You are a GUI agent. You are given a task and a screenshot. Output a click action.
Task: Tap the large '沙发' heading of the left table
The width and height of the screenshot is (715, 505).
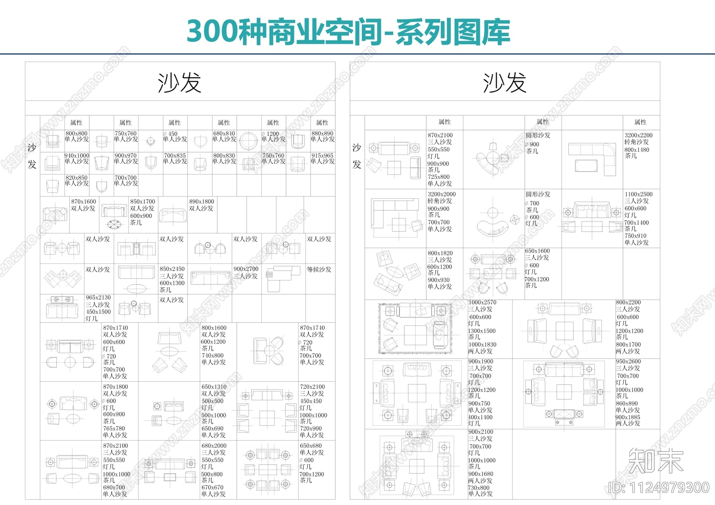[x=180, y=83]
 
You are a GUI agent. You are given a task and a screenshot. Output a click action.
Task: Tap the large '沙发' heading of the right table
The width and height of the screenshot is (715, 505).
[x=505, y=83]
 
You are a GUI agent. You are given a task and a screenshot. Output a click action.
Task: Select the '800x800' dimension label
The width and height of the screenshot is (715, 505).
[x=76, y=134]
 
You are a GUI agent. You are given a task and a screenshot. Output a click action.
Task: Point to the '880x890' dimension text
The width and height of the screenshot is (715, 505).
[x=322, y=134]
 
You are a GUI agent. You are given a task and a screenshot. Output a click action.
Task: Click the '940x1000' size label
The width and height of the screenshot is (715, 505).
[x=76, y=156]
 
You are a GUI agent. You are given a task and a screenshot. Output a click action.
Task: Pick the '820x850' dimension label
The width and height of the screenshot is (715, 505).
[x=76, y=178]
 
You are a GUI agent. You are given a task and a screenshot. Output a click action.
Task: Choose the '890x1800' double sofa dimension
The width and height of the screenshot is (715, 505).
[x=202, y=202]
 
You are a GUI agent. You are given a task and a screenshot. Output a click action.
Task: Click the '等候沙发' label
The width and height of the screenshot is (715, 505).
[x=319, y=270]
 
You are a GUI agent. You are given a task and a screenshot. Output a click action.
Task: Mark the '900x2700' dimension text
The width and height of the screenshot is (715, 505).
[x=246, y=269]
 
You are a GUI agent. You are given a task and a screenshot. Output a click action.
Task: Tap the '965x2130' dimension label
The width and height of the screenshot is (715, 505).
[x=98, y=298]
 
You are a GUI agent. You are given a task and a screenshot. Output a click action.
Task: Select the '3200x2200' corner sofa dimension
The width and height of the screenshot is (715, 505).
[x=638, y=135]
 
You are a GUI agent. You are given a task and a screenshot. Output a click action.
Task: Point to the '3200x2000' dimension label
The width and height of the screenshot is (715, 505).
[x=442, y=195]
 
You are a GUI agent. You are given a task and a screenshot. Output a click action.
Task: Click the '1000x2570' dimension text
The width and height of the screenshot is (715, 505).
[x=482, y=303]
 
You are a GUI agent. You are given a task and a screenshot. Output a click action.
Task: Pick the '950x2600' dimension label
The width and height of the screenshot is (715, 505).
[x=628, y=362]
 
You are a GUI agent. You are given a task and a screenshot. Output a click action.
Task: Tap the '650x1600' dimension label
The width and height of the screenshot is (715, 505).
[x=537, y=251]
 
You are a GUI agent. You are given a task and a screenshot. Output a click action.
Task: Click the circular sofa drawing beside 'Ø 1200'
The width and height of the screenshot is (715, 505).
[x=248, y=141]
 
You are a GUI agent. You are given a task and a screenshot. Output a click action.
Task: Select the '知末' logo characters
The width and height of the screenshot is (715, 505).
[x=656, y=460]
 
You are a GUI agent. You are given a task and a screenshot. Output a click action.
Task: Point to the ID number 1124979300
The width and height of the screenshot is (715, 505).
[x=659, y=488]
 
